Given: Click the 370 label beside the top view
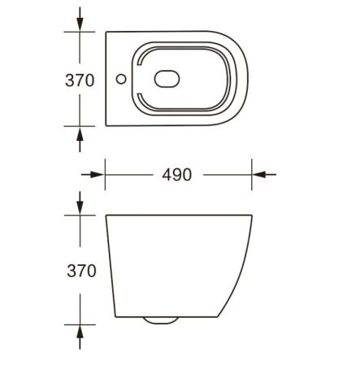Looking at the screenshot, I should [x=80, y=80].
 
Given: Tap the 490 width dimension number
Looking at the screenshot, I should [x=176, y=175].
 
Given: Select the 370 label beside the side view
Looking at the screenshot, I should [x=80, y=271].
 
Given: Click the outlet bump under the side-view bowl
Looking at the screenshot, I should [x=162, y=320].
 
